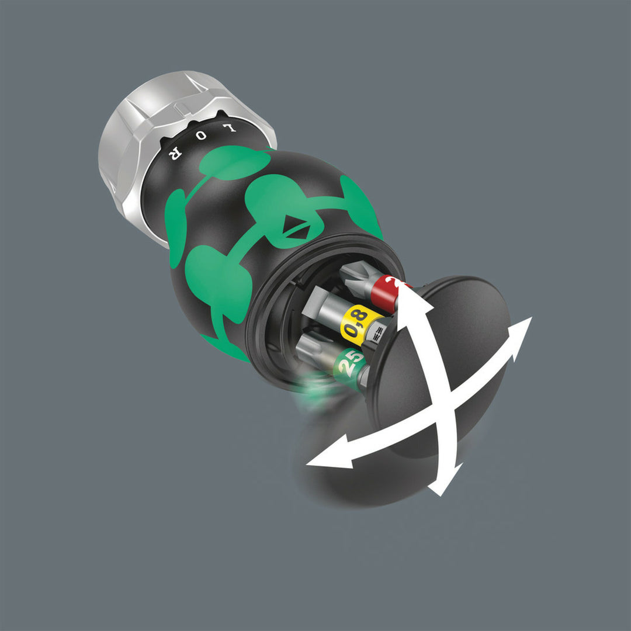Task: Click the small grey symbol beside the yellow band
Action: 379,332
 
